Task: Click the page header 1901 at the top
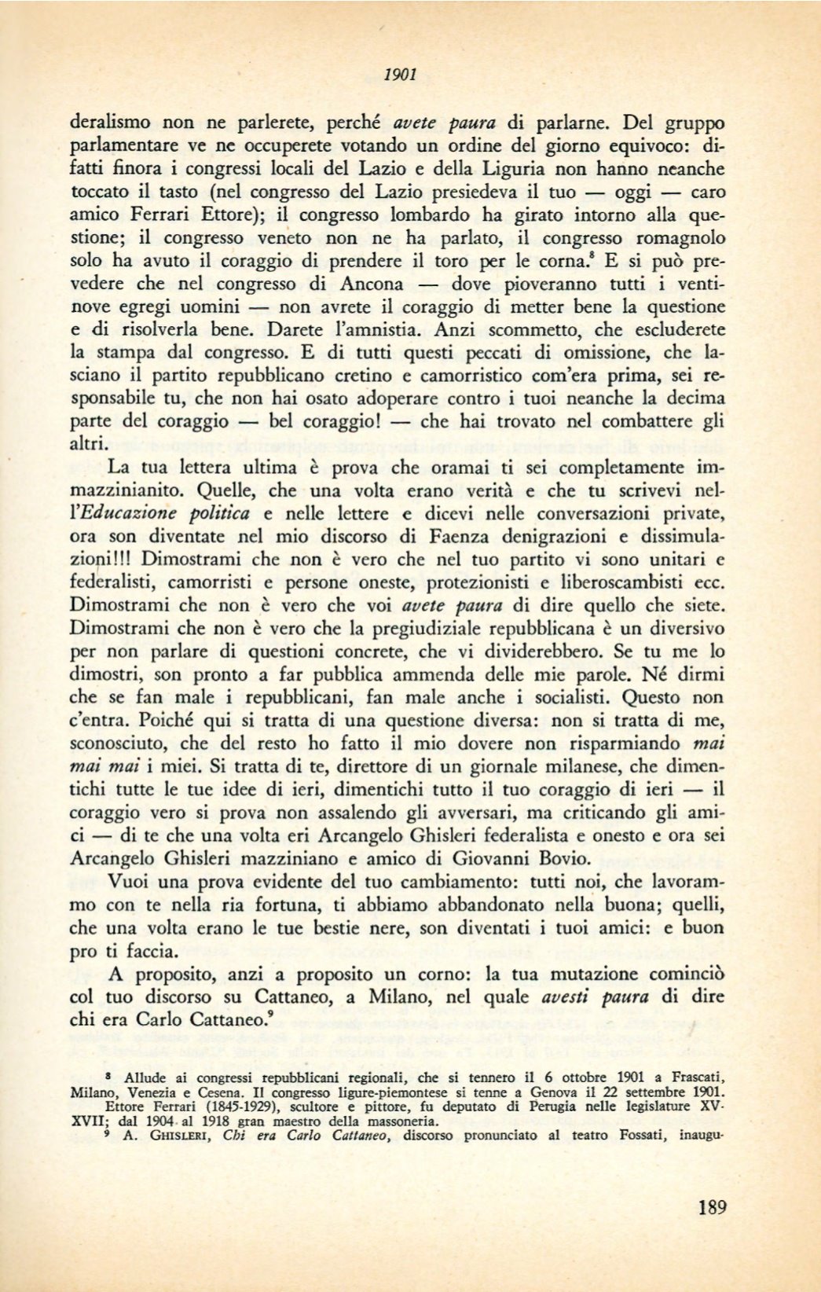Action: [400, 75]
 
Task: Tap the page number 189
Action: [712, 1207]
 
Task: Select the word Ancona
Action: [372, 284]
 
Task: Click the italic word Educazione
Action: [166, 514]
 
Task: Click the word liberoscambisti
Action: [619, 583]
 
